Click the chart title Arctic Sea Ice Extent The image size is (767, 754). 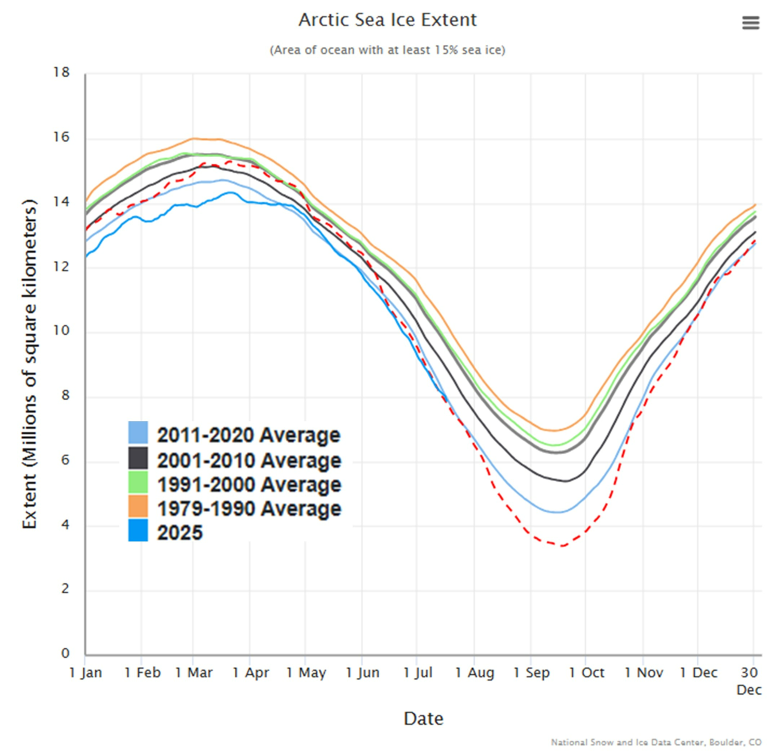click(x=388, y=20)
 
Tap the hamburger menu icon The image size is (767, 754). click(x=750, y=23)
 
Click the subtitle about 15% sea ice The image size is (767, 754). click(x=388, y=50)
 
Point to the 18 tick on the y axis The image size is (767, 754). click(x=61, y=73)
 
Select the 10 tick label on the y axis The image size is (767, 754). click(x=61, y=331)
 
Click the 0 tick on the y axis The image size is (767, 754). click(x=65, y=653)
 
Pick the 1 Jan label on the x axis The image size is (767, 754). click(x=86, y=672)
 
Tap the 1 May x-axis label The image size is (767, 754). click(x=306, y=672)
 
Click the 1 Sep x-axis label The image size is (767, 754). click(x=531, y=672)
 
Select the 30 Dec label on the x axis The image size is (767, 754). click(x=749, y=680)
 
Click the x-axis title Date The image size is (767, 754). click(x=424, y=718)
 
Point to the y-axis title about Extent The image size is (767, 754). click(x=29, y=364)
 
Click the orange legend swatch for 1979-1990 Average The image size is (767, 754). click(x=138, y=506)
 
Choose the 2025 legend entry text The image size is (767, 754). click(x=180, y=533)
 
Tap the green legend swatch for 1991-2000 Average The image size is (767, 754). click(x=138, y=482)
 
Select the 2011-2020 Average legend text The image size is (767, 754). click(x=249, y=435)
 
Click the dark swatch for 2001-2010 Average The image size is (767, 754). click(x=138, y=458)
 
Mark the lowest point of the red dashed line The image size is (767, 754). click(x=562, y=546)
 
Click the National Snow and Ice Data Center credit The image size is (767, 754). click(x=656, y=743)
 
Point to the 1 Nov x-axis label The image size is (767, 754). click(x=644, y=672)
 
